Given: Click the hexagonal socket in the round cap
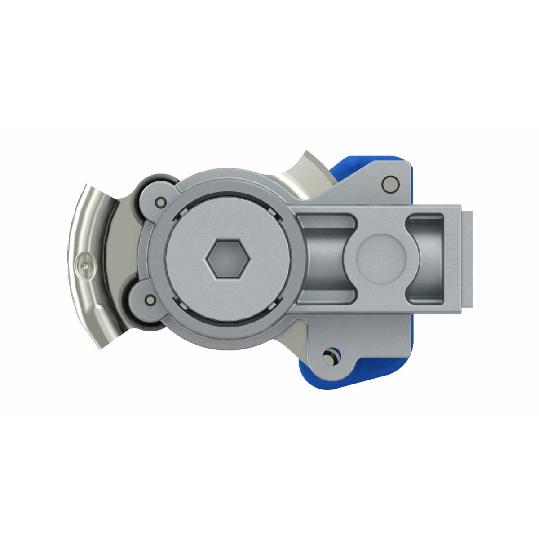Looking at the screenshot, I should pos(228,260).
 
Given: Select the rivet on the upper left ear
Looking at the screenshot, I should pos(159,201).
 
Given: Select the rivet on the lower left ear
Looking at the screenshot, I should pos(150,300).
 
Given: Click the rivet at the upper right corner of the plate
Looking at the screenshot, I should pos(387,183).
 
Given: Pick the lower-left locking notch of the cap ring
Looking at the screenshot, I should pos(183,307).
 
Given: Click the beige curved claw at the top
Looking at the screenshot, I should pos(310,173).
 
